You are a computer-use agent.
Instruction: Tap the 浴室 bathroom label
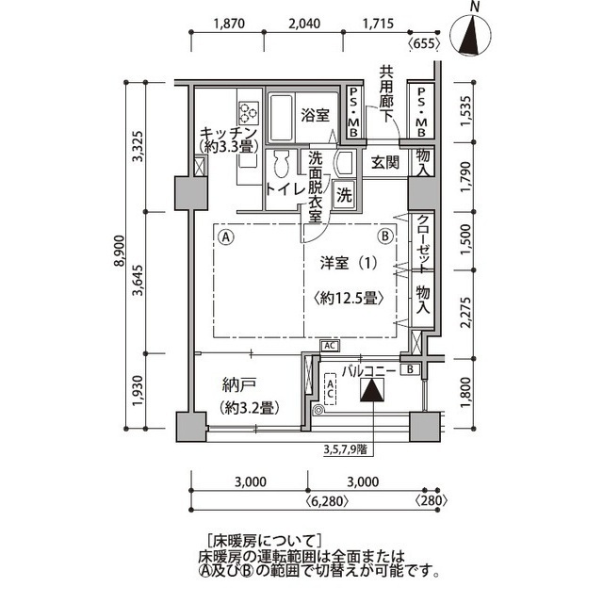tap(315, 116)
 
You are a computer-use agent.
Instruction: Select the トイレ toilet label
tap(283, 189)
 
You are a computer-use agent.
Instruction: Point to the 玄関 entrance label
tap(384, 161)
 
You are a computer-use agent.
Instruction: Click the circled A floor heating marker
tap(226, 236)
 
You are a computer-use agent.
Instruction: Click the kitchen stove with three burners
tap(249, 113)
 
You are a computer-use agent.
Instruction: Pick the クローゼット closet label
tap(424, 240)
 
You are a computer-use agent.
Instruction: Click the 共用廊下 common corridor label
tap(387, 90)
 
